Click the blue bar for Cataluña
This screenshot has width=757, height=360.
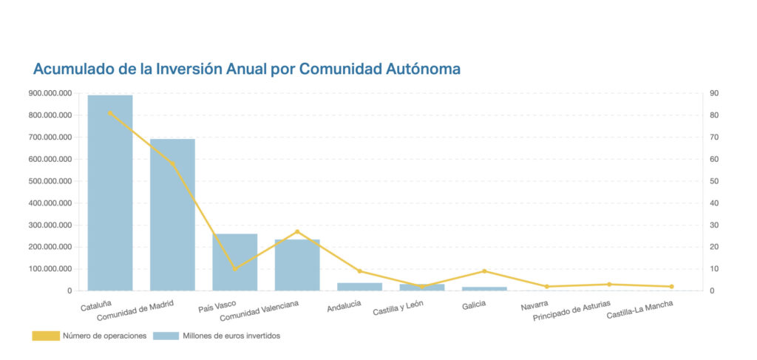(x=110, y=192)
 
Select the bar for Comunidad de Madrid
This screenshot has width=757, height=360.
(x=172, y=214)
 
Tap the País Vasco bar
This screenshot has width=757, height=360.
(x=234, y=262)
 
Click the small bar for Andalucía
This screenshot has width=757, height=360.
(x=359, y=286)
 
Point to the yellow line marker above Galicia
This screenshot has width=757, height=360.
(x=484, y=271)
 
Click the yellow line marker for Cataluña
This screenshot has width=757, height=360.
(x=110, y=113)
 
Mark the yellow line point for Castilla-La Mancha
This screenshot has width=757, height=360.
(x=671, y=287)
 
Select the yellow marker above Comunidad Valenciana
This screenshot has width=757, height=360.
(x=297, y=231)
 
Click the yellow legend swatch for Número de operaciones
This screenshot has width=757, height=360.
(x=44, y=336)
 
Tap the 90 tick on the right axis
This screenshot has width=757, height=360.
(x=714, y=93)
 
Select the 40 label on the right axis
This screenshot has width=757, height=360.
(x=714, y=203)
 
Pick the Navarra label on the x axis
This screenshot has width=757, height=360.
(x=534, y=305)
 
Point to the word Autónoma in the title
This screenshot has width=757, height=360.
(x=424, y=69)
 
